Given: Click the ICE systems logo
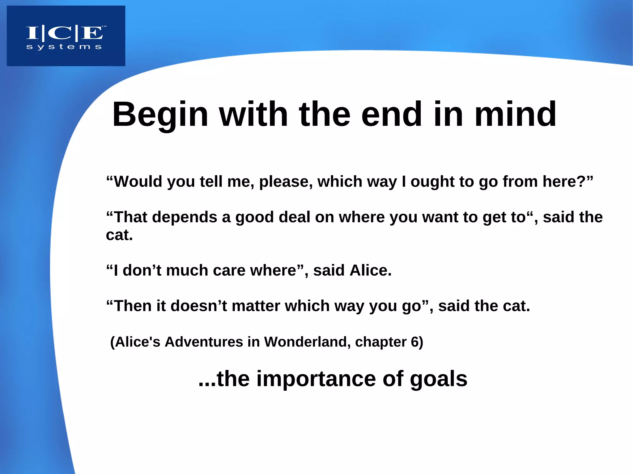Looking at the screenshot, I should coord(66,36).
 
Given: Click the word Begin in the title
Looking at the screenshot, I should coord(160,115).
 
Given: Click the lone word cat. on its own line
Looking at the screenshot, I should coord(119,235).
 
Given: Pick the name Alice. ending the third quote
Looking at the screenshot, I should coord(371,271).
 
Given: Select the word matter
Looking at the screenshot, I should coord(256,306).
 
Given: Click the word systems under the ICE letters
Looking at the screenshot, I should coord(64,47).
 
